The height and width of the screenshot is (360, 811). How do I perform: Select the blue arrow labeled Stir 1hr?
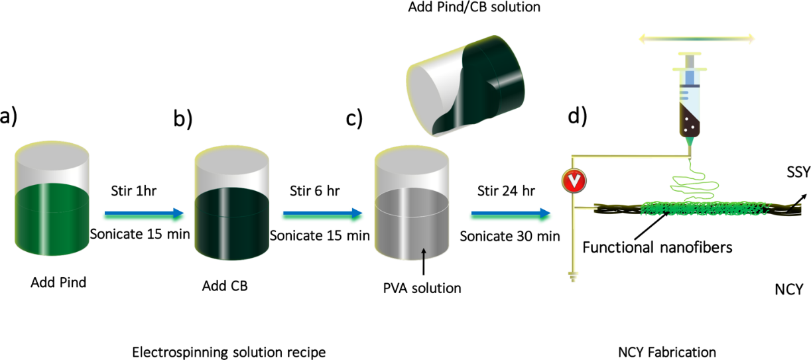143,213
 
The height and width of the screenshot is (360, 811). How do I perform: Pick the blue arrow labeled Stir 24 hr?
511,213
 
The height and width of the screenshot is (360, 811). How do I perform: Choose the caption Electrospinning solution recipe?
229,351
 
